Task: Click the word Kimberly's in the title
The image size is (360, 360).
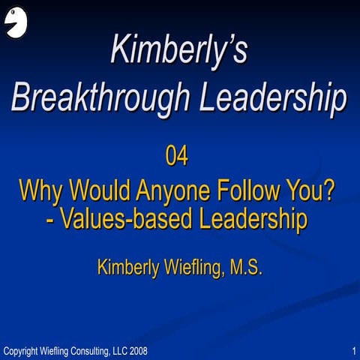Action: click(179, 49)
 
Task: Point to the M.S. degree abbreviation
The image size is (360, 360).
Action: click(245, 267)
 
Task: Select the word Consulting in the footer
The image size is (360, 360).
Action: click(82, 350)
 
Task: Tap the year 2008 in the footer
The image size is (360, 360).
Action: click(138, 350)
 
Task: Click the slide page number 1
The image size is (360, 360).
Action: click(352, 350)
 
